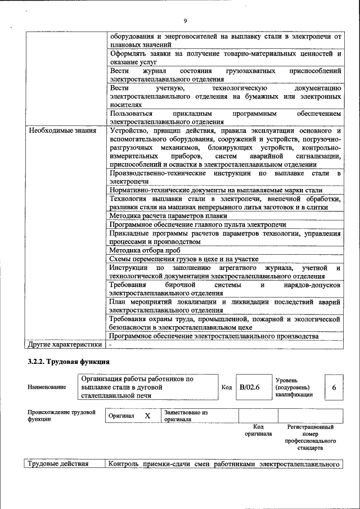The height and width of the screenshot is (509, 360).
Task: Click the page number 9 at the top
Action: (x=184, y=22)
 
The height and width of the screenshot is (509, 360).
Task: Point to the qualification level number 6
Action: (x=334, y=388)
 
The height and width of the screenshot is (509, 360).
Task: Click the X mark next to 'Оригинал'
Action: (x=147, y=416)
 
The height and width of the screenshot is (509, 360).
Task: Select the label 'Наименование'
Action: (x=46, y=387)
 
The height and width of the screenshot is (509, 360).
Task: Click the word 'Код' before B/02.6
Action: (x=227, y=388)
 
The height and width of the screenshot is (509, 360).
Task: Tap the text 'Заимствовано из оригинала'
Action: (x=186, y=416)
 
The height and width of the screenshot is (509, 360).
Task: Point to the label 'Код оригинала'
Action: (x=258, y=430)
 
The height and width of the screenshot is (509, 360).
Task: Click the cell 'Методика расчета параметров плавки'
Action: (x=168, y=215)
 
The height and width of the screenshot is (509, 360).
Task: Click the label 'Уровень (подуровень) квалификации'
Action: (x=295, y=388)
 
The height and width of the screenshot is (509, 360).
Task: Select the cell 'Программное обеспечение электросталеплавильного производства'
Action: (x=214, y=336)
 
